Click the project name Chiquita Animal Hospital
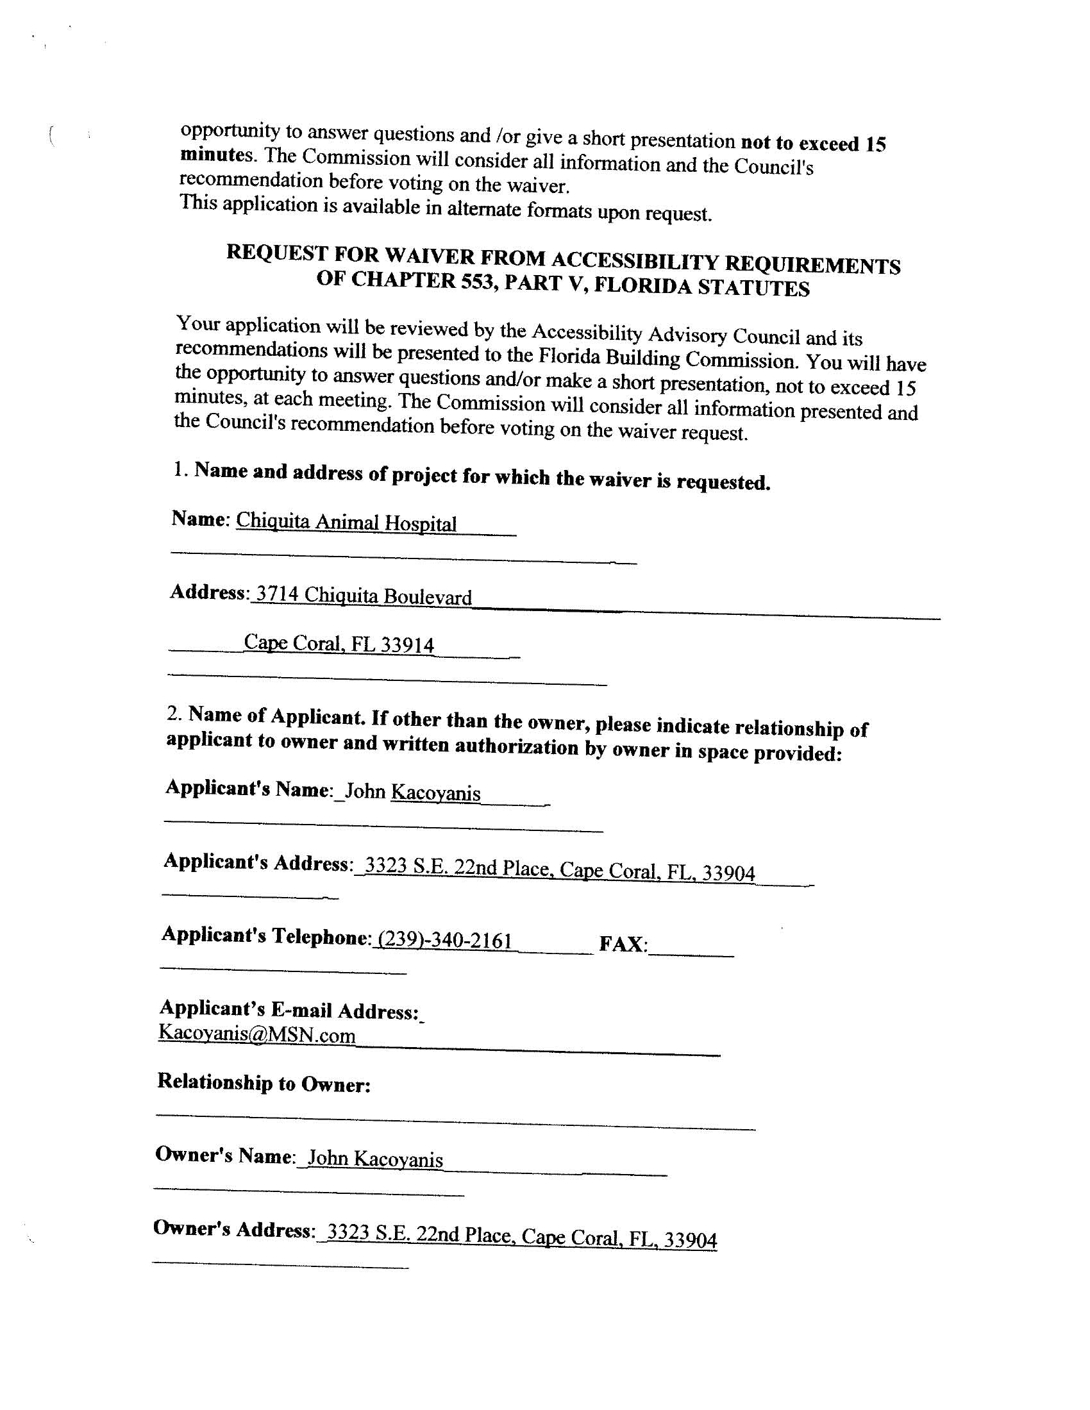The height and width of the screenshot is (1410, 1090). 346,522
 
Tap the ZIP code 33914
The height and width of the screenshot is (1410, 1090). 407,644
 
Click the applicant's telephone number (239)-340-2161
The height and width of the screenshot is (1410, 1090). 446,940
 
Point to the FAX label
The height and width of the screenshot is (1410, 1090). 623,944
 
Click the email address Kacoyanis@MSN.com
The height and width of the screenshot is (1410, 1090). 257,1035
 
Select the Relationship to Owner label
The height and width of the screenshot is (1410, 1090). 264,1083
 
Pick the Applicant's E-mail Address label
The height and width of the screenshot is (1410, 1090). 289,1010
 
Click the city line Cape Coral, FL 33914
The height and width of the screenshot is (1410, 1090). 339,643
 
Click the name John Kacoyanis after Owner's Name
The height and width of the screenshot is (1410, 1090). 375,1159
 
